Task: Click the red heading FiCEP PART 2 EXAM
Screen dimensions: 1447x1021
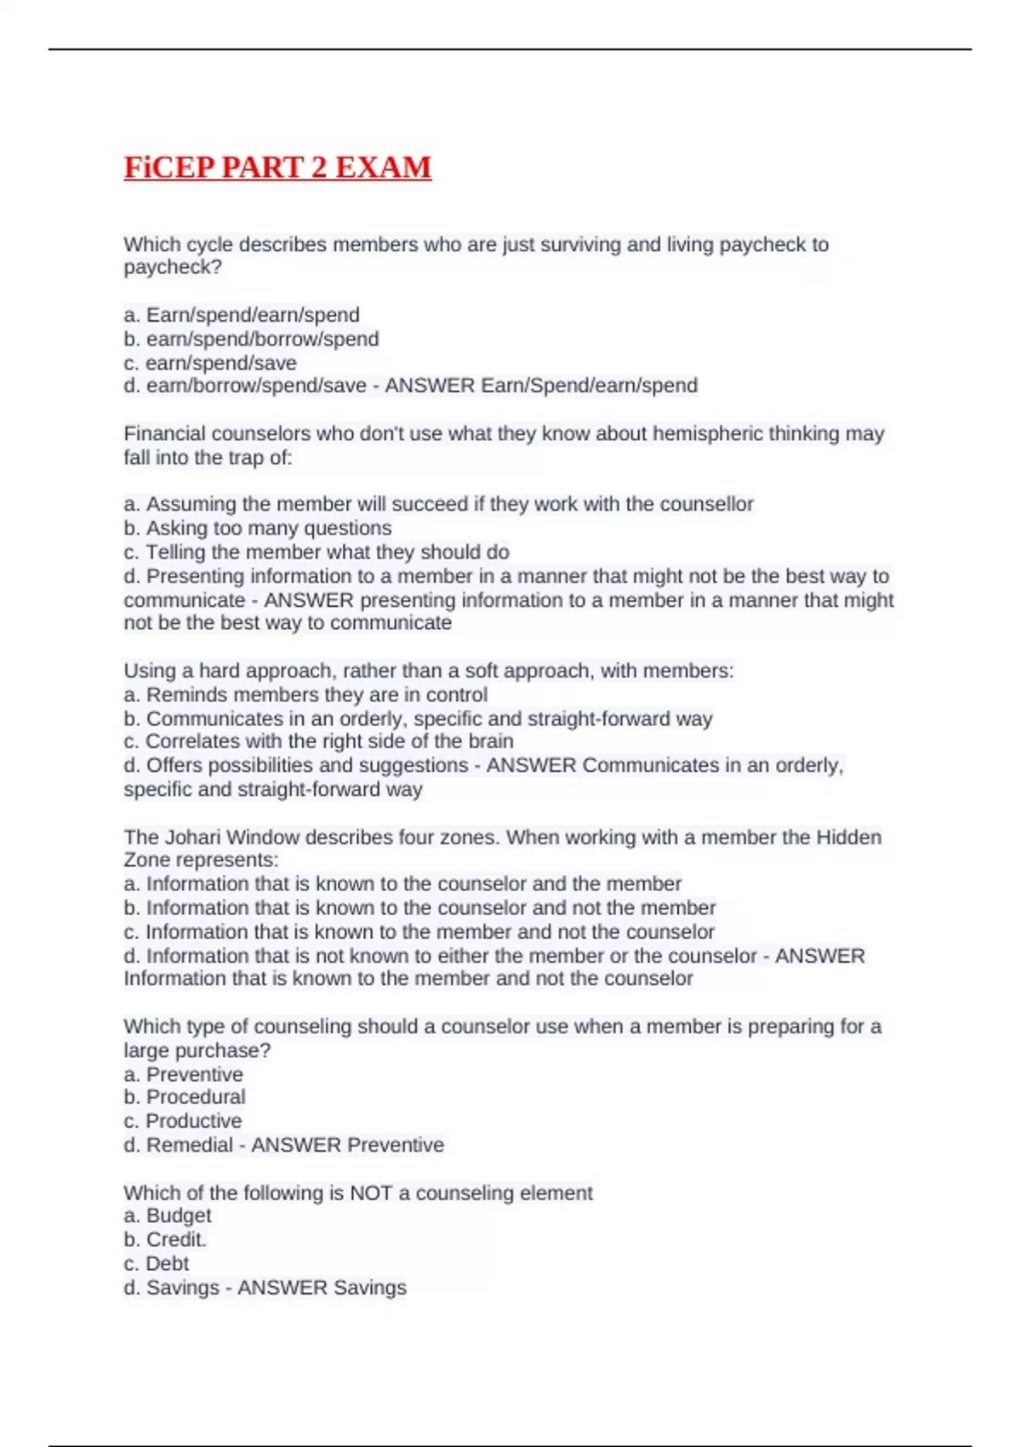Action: click(x=277, y=167)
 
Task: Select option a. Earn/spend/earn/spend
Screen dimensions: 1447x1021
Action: click(x=242, y=315)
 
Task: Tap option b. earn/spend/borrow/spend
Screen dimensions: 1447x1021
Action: click(x=251, y=339)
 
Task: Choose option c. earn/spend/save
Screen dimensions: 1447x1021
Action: click(x=210, y=363)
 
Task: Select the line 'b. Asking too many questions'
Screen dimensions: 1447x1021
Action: click(x=258, y=528)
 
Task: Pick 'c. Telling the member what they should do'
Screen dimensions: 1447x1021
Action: click(x=317, y=552)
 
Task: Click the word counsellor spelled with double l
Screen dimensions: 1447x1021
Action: click(x=706, y=504)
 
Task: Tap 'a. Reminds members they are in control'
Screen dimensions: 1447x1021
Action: click(x=305, y=695)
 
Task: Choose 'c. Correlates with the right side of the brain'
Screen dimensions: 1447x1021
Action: click(x=318, y=741)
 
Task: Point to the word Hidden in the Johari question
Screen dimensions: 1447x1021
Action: click(x=848, y=837)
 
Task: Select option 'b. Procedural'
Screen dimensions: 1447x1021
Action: click(x=185, y=1097)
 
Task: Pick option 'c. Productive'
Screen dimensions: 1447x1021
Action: click(x=183, y=1121)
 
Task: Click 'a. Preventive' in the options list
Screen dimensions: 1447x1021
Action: click(x=183, y=1074)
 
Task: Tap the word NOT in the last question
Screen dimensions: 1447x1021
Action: click(x=370, y=1192)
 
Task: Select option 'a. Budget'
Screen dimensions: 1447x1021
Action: click(x=168, y=1215)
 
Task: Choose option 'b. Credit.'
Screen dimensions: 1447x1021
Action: click(x=165, y=1239)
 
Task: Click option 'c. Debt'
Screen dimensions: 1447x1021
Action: click(x=156, y=1263)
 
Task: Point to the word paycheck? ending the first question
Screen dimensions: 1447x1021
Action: click(x=173, y=267)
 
